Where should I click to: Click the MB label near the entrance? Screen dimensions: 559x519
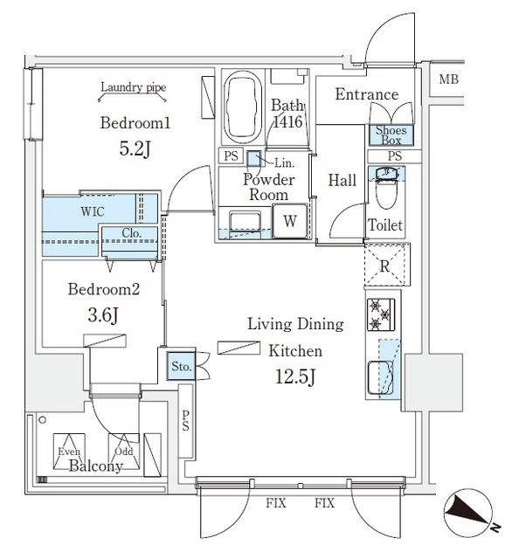448,80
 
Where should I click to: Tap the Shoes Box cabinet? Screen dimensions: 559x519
389,135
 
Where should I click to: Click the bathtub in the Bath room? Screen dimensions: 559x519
242,106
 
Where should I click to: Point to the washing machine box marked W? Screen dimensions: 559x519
288,222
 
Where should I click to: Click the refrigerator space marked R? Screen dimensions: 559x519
384,265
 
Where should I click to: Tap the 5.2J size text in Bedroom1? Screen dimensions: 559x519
135,148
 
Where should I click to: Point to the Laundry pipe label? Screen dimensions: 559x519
133,87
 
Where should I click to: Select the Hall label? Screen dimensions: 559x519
342,181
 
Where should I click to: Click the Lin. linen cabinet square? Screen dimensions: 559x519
253,159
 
